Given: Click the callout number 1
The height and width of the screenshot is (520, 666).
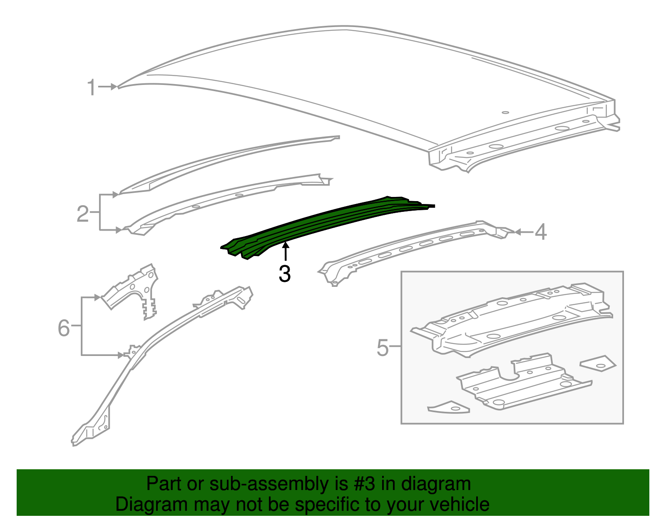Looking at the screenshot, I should [x=92, y=88].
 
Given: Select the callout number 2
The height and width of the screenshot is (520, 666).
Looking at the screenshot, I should [x=83, y=214].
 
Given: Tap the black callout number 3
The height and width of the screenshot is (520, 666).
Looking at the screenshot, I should [x=285, y=274].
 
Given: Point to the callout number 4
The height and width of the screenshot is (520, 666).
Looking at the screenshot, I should [x=540, y=232].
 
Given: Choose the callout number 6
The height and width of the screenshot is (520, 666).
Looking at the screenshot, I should [x=64, y=328].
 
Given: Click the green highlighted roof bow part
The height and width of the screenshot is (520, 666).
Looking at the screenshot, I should [x=325, y=225].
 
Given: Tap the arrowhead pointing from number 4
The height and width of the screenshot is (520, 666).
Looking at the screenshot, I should [x=517, y=232].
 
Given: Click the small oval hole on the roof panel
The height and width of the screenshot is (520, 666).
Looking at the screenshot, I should [x=505, y=112].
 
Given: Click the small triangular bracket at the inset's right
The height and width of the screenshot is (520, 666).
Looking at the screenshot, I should [x=599, y=363].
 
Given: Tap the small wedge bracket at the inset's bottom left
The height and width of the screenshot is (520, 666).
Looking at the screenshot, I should [x=449, y=407].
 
